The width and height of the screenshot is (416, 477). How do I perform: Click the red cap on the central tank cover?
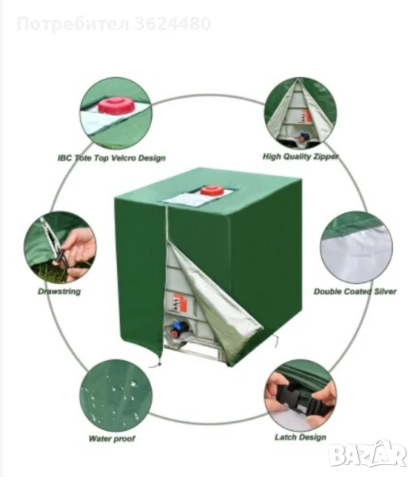point(212,191)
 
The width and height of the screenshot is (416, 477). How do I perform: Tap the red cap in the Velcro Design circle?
point(116,106)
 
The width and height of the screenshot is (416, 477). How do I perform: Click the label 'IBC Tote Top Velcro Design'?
point(111,158)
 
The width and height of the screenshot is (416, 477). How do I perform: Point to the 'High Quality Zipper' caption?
point(301,157)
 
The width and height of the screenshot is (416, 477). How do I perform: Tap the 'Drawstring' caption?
point(60,292)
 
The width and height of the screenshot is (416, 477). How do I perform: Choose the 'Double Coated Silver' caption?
point(355,292)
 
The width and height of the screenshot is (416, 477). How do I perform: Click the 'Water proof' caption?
point(111,439)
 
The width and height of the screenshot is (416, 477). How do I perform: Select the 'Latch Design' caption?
point(301,437)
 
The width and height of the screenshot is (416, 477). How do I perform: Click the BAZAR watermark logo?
point(368,455)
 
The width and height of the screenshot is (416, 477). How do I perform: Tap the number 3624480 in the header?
point(173,24)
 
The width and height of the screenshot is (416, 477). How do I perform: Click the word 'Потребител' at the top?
point(73,25)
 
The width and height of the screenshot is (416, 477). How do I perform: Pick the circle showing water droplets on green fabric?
point(116,395)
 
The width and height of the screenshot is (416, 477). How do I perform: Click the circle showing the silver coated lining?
point(356,247)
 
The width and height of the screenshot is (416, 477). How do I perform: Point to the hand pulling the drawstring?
point(78,254)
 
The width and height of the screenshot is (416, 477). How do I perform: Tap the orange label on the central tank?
point(180,302)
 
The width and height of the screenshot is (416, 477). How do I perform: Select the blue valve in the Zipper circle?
point(303,136)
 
